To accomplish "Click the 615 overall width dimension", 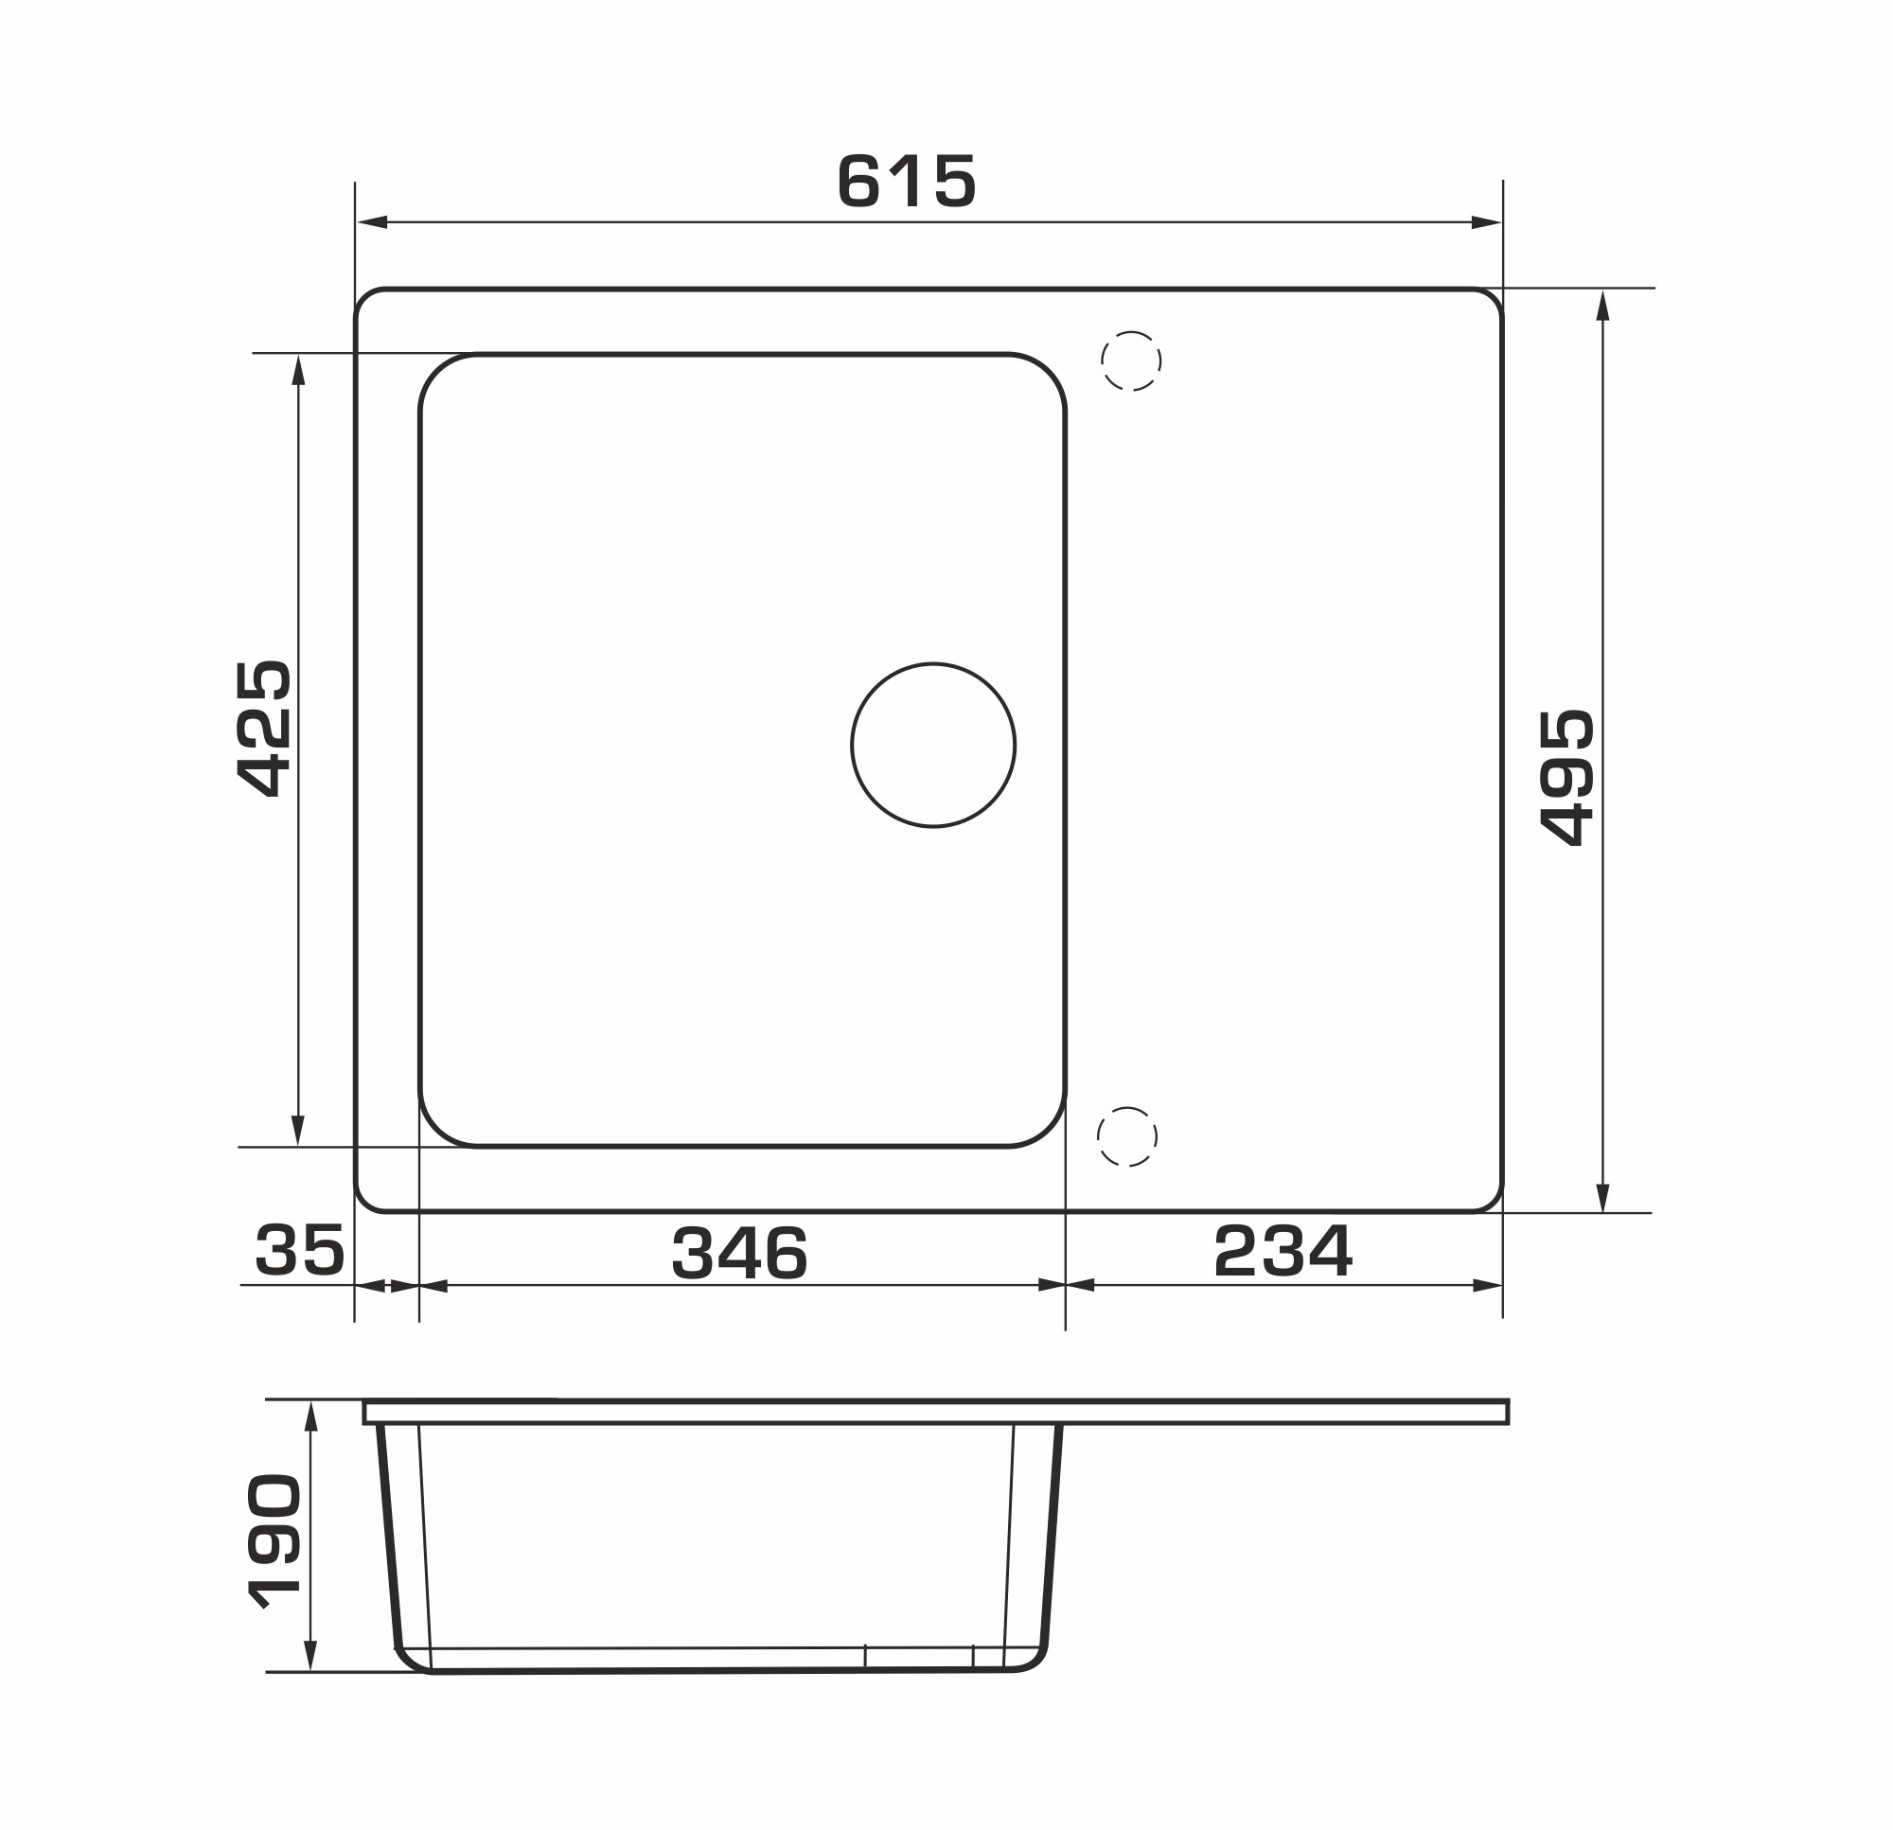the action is coord(907,181).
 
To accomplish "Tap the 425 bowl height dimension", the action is coord(264,729).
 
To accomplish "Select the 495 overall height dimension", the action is coord(1566,778).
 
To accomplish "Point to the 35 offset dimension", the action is coord(299,1250).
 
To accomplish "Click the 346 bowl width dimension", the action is coord(740,1253).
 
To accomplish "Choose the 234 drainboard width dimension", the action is coord(1283,1251).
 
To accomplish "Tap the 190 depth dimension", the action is coord(274,1542).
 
